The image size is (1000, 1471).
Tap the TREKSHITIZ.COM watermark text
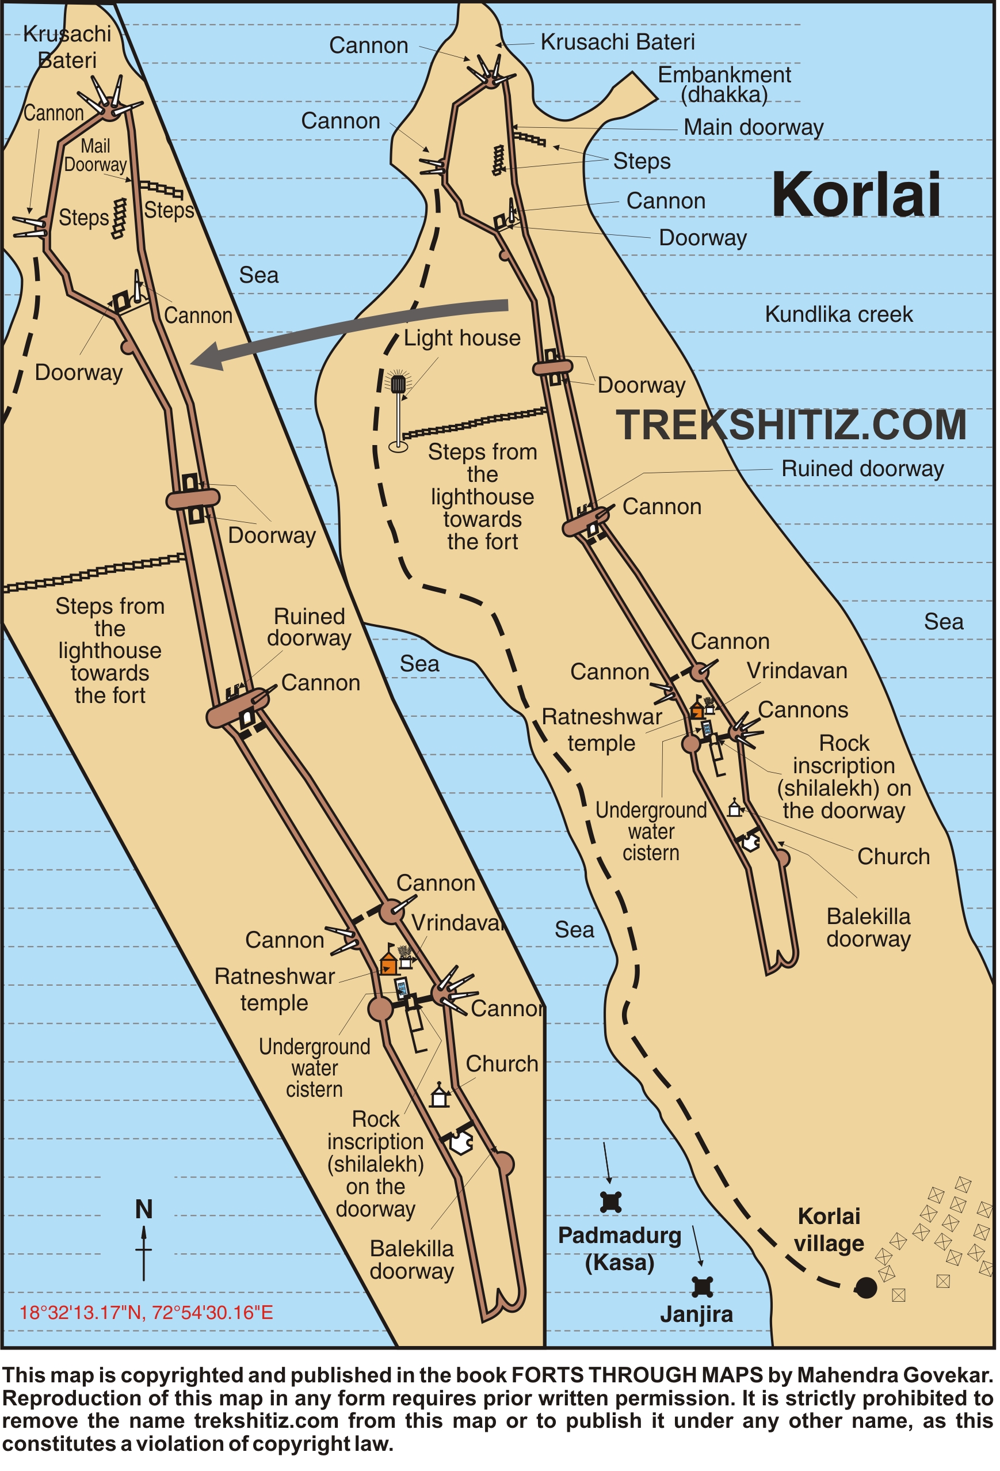[791, 425]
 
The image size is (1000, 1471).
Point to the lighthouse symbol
[398, 384]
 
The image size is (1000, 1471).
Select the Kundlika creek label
[838, 314]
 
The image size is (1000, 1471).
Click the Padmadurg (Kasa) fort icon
[610, 1202]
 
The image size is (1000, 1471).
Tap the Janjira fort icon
[702, 1287]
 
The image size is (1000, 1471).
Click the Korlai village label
[829, 1229]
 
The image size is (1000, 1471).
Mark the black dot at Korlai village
[865, 1287]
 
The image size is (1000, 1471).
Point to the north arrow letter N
[144, 1210]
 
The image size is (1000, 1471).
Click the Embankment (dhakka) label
[724, 84]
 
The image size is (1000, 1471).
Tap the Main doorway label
[753, 127]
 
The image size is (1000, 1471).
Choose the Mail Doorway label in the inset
[96, 155]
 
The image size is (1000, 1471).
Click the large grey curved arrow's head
[205, 358]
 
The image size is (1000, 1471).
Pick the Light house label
[461, 338]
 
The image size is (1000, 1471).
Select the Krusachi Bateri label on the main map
[617, 43]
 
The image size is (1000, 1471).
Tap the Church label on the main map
[892, 856]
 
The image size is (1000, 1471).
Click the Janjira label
[696, 1314]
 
